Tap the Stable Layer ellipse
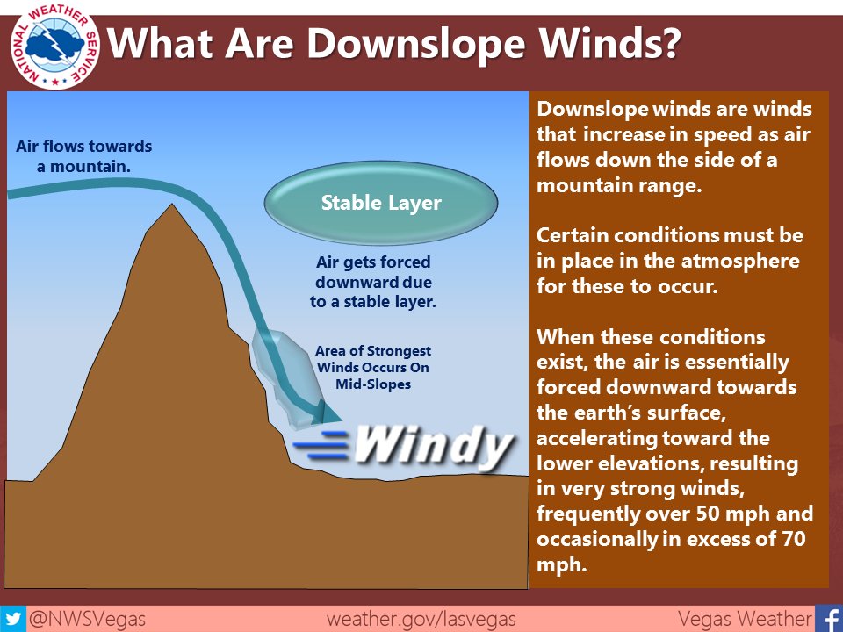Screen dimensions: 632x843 (x=381, y=204)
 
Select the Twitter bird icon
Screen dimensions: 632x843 (x=13, y=618)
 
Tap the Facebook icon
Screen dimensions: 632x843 (x=828, y=618)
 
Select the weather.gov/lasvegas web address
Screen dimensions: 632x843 (x=421, y=618)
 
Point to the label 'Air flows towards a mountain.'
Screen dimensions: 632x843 (x=84, y=155)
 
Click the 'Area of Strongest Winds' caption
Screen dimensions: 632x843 (x=372, y=367)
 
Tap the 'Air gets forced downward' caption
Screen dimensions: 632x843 (x=373, y=281)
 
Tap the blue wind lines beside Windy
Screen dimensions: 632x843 (x=323, y=446)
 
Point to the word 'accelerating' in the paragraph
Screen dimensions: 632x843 (x=592, y=438)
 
